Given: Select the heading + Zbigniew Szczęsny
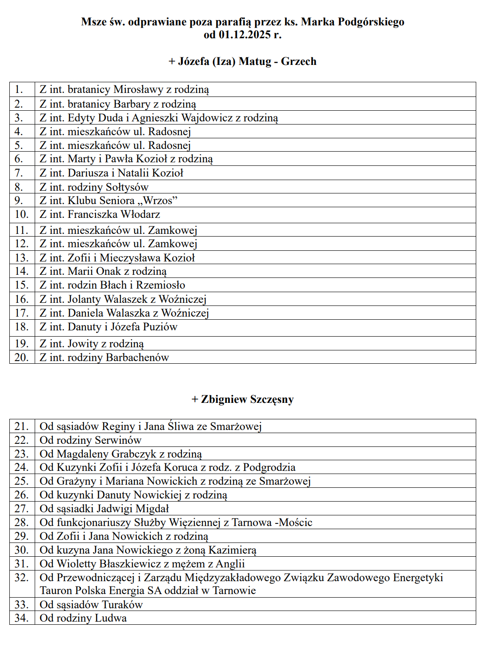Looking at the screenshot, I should pos(242,399).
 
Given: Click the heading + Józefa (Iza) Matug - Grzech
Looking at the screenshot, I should pos(242,61).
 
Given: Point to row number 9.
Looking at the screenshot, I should pos(19,201).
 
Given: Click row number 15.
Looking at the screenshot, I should pos(21,285).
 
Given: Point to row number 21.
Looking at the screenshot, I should pos(21,426).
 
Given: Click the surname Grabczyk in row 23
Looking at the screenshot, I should pos(134,454).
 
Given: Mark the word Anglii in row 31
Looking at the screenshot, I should pos(230,564).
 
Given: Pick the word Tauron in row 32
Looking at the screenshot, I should pos(56,591).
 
